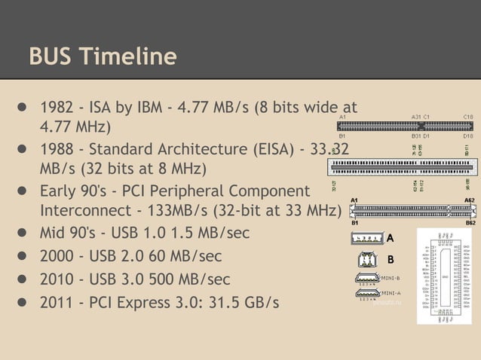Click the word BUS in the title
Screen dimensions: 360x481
(51, 56)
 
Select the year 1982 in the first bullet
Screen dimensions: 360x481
(57, 106)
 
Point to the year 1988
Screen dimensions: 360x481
(57, 148)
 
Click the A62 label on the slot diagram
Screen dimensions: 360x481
(469, 201)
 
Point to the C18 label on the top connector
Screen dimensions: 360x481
(467, 117)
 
